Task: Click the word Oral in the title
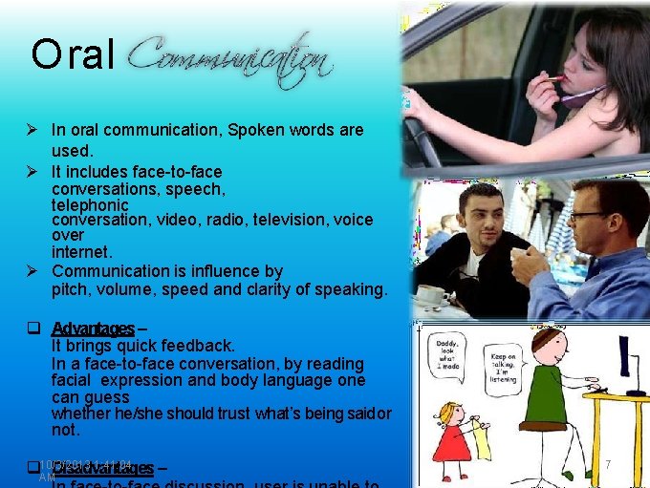pyautogui.click(x=73, y=56)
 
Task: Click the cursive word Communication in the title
pyautogui.click(x=229, y=59)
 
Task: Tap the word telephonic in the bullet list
pyautogui.click(x=90, y=204)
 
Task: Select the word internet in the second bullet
pyautogui.click(x=81, y=252)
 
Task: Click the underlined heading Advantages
pyautogui.click(x=93, y=329)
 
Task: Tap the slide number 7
pyautogui.click(x=609, y=464)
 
